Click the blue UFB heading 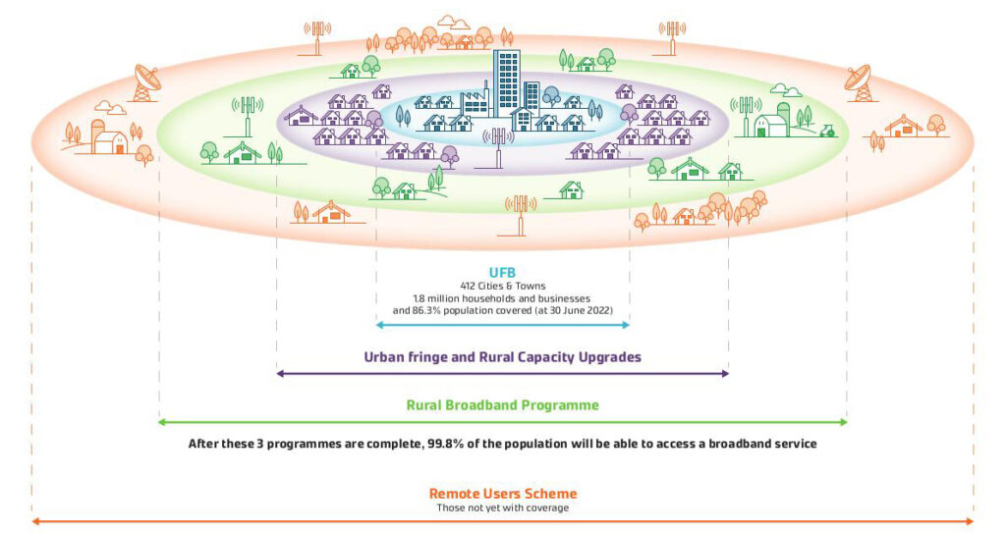502,272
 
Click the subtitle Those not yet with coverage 502,507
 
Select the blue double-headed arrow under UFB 502,324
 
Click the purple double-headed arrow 502,374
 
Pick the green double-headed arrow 502,422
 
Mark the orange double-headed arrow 502,521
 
